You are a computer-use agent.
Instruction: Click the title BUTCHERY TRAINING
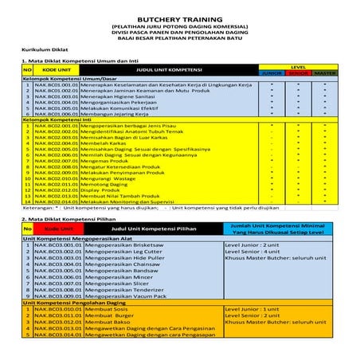tap(179, 16)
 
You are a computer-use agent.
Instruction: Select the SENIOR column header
tap(298, 72)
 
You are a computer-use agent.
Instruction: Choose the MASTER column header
tap(324, 72)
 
